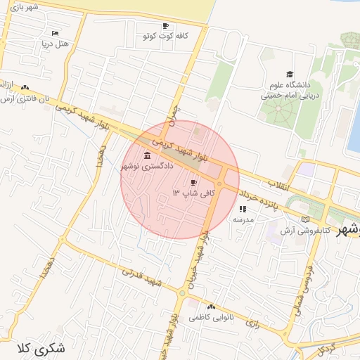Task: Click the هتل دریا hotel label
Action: (56, 44)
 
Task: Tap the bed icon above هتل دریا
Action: (56, 33)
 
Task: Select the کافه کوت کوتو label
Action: (165, 35)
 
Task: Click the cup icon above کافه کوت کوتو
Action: (165, 25)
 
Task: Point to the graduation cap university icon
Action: (290, 75)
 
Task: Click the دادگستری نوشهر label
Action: (146, 166)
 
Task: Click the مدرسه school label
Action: (243, 219)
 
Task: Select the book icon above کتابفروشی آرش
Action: (304, 219)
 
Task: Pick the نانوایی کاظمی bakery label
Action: (211, 318)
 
